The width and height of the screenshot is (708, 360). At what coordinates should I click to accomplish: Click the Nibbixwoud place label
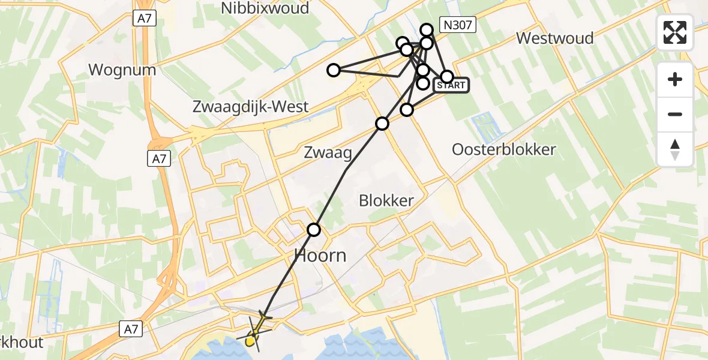[265, 8]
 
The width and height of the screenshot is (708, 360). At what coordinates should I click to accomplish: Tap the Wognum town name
[122, 70]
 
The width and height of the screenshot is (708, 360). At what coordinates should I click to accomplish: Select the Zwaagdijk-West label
[250, 107]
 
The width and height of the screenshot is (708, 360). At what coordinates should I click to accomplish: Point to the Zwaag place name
[328, 152]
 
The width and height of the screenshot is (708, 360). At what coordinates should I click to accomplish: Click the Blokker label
[386, 200]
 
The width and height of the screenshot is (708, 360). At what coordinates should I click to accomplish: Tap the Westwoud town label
[555, 38]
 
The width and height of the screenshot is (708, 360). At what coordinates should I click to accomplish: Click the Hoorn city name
[320, 256]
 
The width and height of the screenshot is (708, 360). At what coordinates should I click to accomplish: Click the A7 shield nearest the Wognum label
[145, 19]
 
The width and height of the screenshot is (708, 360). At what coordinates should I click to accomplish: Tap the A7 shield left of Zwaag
[159, 158]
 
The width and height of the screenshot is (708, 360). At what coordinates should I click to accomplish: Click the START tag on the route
[451, 85]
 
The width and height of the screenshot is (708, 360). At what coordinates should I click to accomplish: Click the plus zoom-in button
[675, 79]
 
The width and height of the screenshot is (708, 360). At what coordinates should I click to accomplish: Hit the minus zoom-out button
[675, 114]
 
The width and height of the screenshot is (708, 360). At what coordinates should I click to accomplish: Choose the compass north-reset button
[675, 149]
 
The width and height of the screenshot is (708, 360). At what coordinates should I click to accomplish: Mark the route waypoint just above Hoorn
[314, 229]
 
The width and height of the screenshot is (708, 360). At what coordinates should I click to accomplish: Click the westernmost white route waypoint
[333, 70]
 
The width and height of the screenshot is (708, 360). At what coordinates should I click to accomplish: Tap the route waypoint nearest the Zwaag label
[382, 124]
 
